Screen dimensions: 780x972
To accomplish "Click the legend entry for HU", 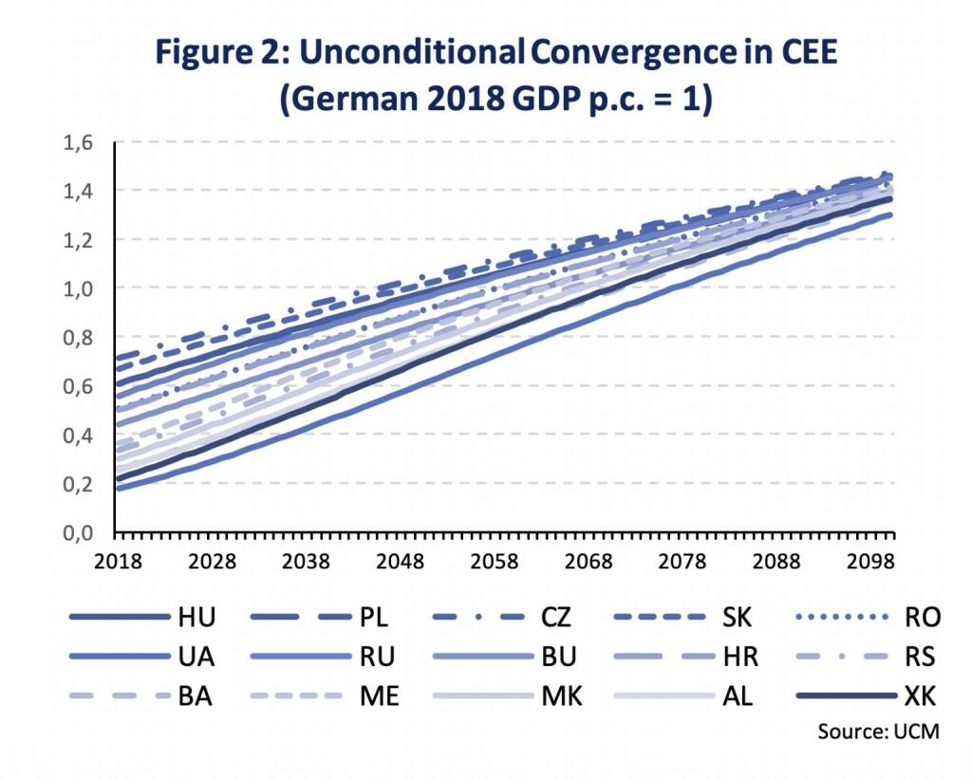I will click(196, 618).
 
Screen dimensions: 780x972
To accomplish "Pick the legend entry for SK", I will click(736, 618).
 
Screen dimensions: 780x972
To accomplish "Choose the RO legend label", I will click(922, 618).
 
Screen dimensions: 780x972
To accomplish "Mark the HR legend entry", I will click(738, 657).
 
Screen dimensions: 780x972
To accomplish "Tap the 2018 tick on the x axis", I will click(118, 561).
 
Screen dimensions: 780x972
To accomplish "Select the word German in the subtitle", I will click(354, 99).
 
